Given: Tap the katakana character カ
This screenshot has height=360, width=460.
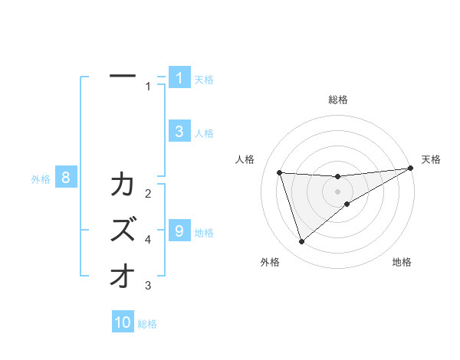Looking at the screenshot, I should tap(123, 185).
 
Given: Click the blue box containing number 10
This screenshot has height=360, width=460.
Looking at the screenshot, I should tap(123, 322).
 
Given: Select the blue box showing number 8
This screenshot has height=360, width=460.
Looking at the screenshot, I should tap(66, 178).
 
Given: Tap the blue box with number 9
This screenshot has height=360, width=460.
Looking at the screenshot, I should tap(179, 231).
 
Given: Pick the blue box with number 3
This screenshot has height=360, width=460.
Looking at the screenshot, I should tap(179, 131).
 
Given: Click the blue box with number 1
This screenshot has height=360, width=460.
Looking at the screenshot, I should tap(179, 77).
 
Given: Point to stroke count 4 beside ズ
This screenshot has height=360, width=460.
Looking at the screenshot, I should tap(148, 240).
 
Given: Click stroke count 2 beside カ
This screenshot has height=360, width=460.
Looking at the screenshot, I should tap(148, 193).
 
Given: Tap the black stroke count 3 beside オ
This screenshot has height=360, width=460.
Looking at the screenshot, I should tap(148, 286).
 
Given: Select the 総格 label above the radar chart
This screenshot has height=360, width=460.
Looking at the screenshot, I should tap(338, 100).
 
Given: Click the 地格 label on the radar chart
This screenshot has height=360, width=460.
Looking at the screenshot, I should tap(402, 262).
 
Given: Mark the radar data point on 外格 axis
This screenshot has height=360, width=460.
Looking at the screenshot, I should tap(301, 242).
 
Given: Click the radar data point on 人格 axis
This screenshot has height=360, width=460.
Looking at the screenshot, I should tap(280, 172).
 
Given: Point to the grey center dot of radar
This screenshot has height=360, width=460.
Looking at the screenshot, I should tap(338, 191).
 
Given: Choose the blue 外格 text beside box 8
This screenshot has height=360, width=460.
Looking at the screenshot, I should tap(41, 179).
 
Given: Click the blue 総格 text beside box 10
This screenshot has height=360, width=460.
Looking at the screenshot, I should tap(147, 324).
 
